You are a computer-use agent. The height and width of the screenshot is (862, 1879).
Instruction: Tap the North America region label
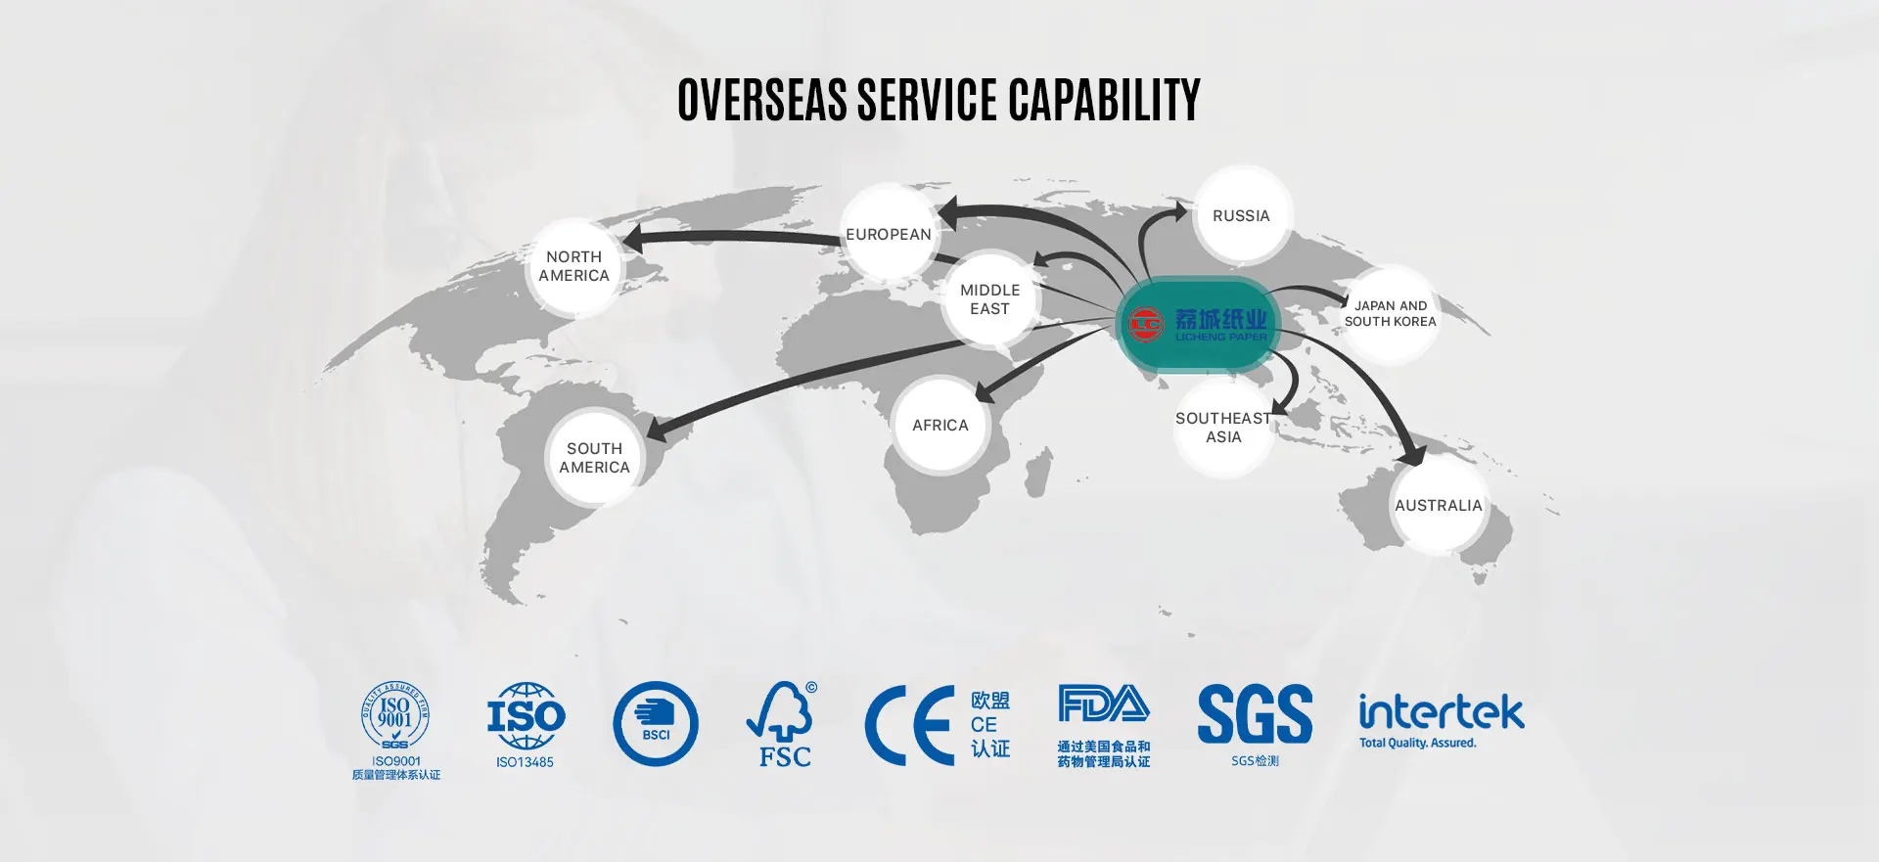coord(573,266)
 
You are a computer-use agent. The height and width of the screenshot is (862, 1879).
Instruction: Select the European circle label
coord(889,235)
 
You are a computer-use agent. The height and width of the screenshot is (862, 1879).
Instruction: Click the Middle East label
coord(989,299)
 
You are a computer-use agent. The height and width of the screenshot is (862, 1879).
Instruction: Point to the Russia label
coord(1241,216)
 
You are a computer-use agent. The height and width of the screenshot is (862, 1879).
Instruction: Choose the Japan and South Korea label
coord(1390,314)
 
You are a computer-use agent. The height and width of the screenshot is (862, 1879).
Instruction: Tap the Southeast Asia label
coord(1223,428)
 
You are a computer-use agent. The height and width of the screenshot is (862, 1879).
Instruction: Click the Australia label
coord(1438,506)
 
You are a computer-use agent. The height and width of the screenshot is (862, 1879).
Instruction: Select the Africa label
coord(939,426)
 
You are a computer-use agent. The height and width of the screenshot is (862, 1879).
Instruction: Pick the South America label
coord(594,458)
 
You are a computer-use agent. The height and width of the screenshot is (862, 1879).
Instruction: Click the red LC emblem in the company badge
coord(1145,324)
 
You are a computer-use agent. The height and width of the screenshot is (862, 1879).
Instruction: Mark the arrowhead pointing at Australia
coord(1411,454)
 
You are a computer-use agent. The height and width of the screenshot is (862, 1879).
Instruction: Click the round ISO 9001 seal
coord(395,716)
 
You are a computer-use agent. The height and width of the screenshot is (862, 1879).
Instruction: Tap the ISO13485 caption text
coord(525,762)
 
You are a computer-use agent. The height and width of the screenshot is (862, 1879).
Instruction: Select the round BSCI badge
coord(656,724)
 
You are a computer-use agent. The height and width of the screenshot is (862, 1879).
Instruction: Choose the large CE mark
coord(910,725)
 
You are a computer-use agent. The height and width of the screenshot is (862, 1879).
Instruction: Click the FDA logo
coord(1103,703)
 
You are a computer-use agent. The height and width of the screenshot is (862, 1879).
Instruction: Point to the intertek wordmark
coord(1441,711)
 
